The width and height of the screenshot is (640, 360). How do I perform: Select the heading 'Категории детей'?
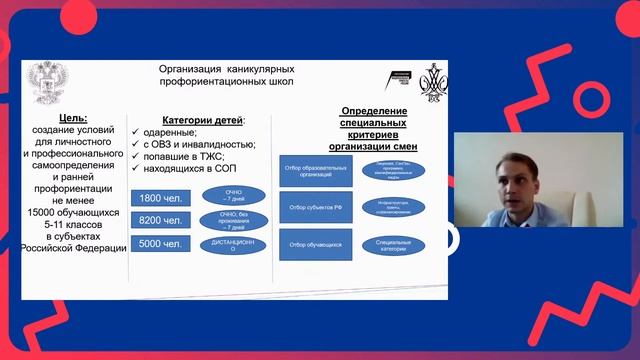(188, 120)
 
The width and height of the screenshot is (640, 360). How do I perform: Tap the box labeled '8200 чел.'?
(160, 220)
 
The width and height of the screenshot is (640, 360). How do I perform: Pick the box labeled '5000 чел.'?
(160, 243)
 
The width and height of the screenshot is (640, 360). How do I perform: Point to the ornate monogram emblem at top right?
(432, 79)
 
